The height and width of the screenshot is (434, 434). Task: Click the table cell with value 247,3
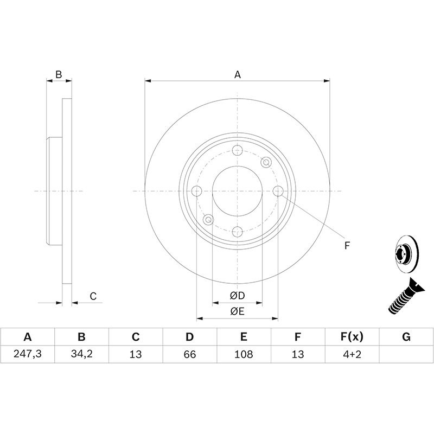click(x=28, y=354)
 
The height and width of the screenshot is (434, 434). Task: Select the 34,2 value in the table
click(x=81, y=354)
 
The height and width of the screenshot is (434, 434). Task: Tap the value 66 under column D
click(x=189, y=354)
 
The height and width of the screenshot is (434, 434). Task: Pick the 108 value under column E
click(x=244, y=354)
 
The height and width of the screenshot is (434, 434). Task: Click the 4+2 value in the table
click(x=352, y=354)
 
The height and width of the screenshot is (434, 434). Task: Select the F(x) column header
click(x=352, y=337)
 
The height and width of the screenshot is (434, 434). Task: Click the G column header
click(x=406, y=337)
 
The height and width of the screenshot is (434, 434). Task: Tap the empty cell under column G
click(x=406, y=354)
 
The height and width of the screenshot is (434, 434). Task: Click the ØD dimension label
click(x=237, y=296)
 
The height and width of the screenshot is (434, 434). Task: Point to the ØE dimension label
click(x=237, y=311)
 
